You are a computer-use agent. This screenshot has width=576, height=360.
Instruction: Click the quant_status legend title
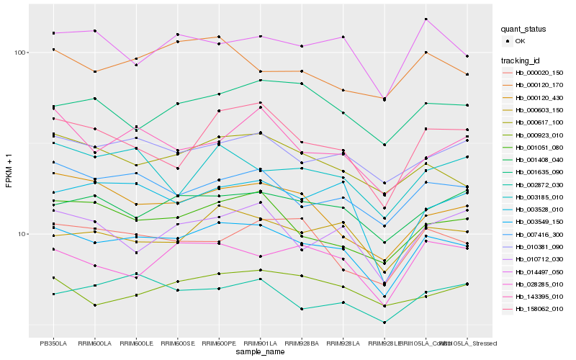point(523,29)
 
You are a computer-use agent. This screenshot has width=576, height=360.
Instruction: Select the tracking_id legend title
point(521,60)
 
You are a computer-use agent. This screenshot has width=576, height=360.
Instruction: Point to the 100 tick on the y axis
point(19,53)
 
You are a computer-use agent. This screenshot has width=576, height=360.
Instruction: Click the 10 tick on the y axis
point(22,234)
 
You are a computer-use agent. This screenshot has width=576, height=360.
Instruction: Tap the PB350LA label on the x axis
point(53,343)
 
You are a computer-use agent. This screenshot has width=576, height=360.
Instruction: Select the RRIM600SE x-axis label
point(177,343)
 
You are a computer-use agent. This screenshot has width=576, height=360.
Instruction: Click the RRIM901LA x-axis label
point(260,343)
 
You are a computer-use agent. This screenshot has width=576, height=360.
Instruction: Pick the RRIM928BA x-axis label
point(302,343)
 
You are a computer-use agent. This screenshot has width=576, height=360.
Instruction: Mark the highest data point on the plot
point(426,19)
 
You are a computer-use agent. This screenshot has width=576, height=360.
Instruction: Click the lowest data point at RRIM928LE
point(384,323)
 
